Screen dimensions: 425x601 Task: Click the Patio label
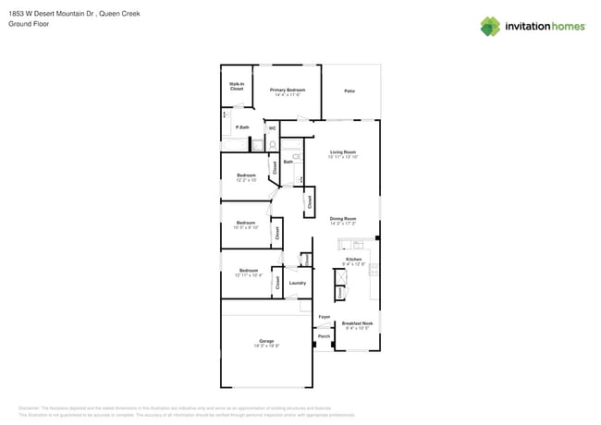(x=350, y=91)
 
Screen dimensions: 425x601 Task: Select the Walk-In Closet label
(x=237, y=86)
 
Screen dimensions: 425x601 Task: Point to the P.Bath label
(x=242, y=127)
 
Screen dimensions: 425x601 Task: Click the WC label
(x=272, y=127)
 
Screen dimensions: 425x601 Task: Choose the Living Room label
(x=343, y=153)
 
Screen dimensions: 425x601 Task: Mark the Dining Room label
(x=343, y=220)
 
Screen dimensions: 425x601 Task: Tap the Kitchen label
(x=354, y=261)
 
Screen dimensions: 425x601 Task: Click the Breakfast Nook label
(x=357, y=325)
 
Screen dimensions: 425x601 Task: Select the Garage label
(x=266, y=343)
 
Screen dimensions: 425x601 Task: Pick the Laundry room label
(x=297, y=283)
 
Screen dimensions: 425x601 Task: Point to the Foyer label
(x=324, y=317)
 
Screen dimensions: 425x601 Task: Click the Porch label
(x=324, y=336)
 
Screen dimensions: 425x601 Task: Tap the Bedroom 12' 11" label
(x=248, y=272)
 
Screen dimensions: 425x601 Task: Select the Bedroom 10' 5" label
(x=245, y=224)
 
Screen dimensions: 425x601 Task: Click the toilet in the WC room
(x=272, y=144)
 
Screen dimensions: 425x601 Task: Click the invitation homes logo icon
(x=490, y=26)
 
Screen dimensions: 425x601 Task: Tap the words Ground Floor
(x=27, y=24)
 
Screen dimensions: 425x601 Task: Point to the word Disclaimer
(x=32, y=407)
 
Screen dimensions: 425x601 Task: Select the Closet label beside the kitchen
(x=339, y=291)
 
